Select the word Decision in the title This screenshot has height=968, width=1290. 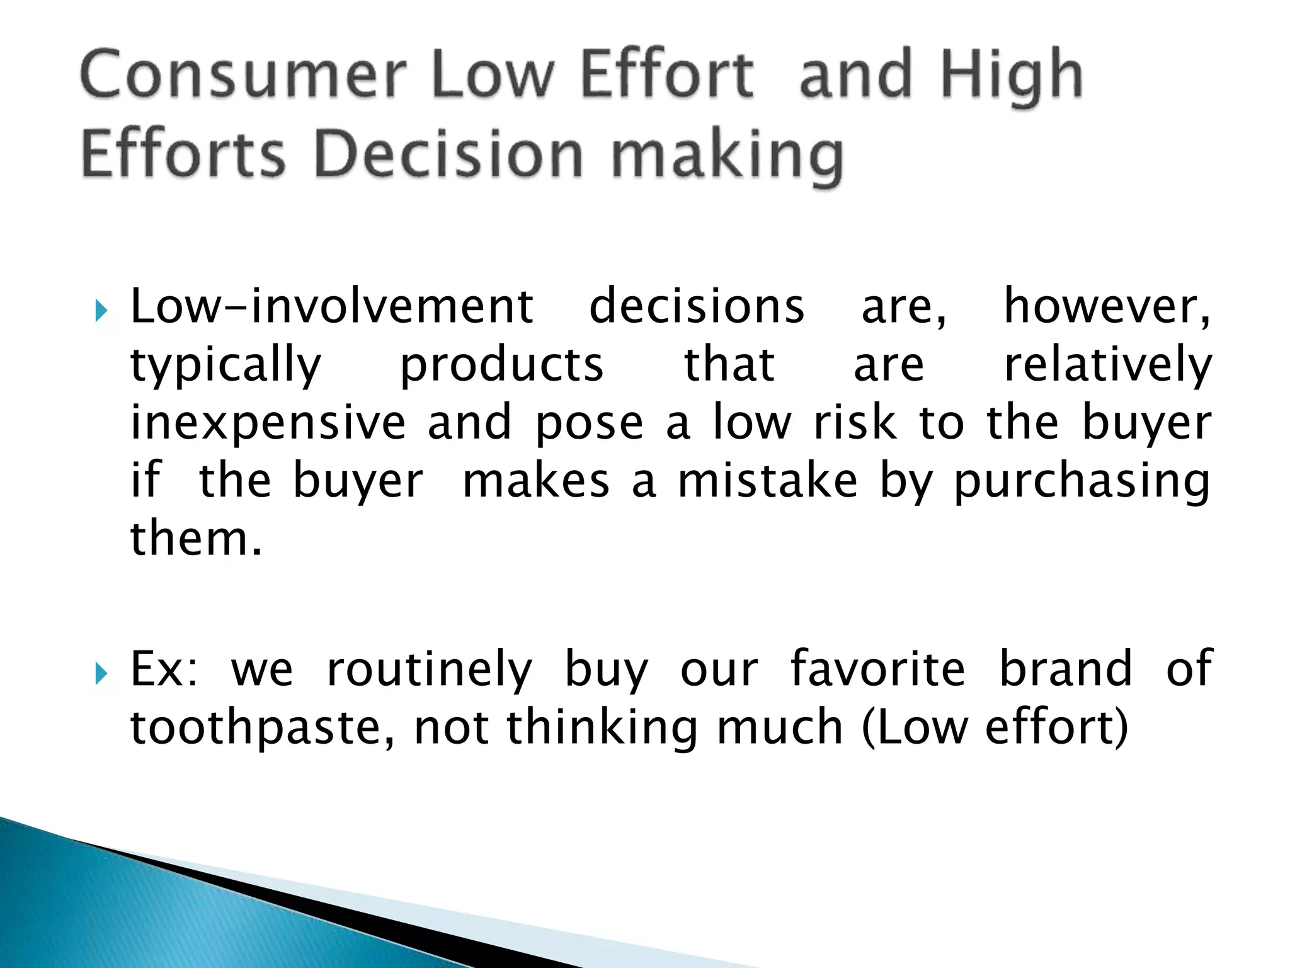click(448, 154)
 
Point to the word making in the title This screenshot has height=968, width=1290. click(727, 156)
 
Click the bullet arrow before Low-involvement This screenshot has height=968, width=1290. click(101, 310)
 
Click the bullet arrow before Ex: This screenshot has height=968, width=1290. click(101, 674)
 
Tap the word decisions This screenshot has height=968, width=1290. click(697, 306)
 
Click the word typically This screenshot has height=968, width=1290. click(225, 366)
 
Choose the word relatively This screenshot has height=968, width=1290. click(1107, 366)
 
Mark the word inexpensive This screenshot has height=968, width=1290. click(268, 423)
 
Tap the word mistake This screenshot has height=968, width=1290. click(767, 481)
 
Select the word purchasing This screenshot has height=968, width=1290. click(1082, 482)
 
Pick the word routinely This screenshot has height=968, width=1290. click(430, 669)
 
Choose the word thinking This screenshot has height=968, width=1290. click(602, 728)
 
